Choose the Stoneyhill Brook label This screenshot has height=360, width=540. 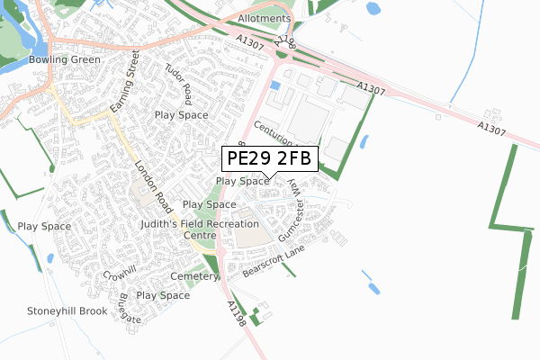67,311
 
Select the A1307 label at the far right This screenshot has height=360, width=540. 493,130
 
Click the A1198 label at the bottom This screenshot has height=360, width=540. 236,314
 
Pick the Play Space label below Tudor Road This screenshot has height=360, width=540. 181,115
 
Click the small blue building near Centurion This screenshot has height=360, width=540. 275,85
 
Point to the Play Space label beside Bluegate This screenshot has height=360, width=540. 163,295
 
